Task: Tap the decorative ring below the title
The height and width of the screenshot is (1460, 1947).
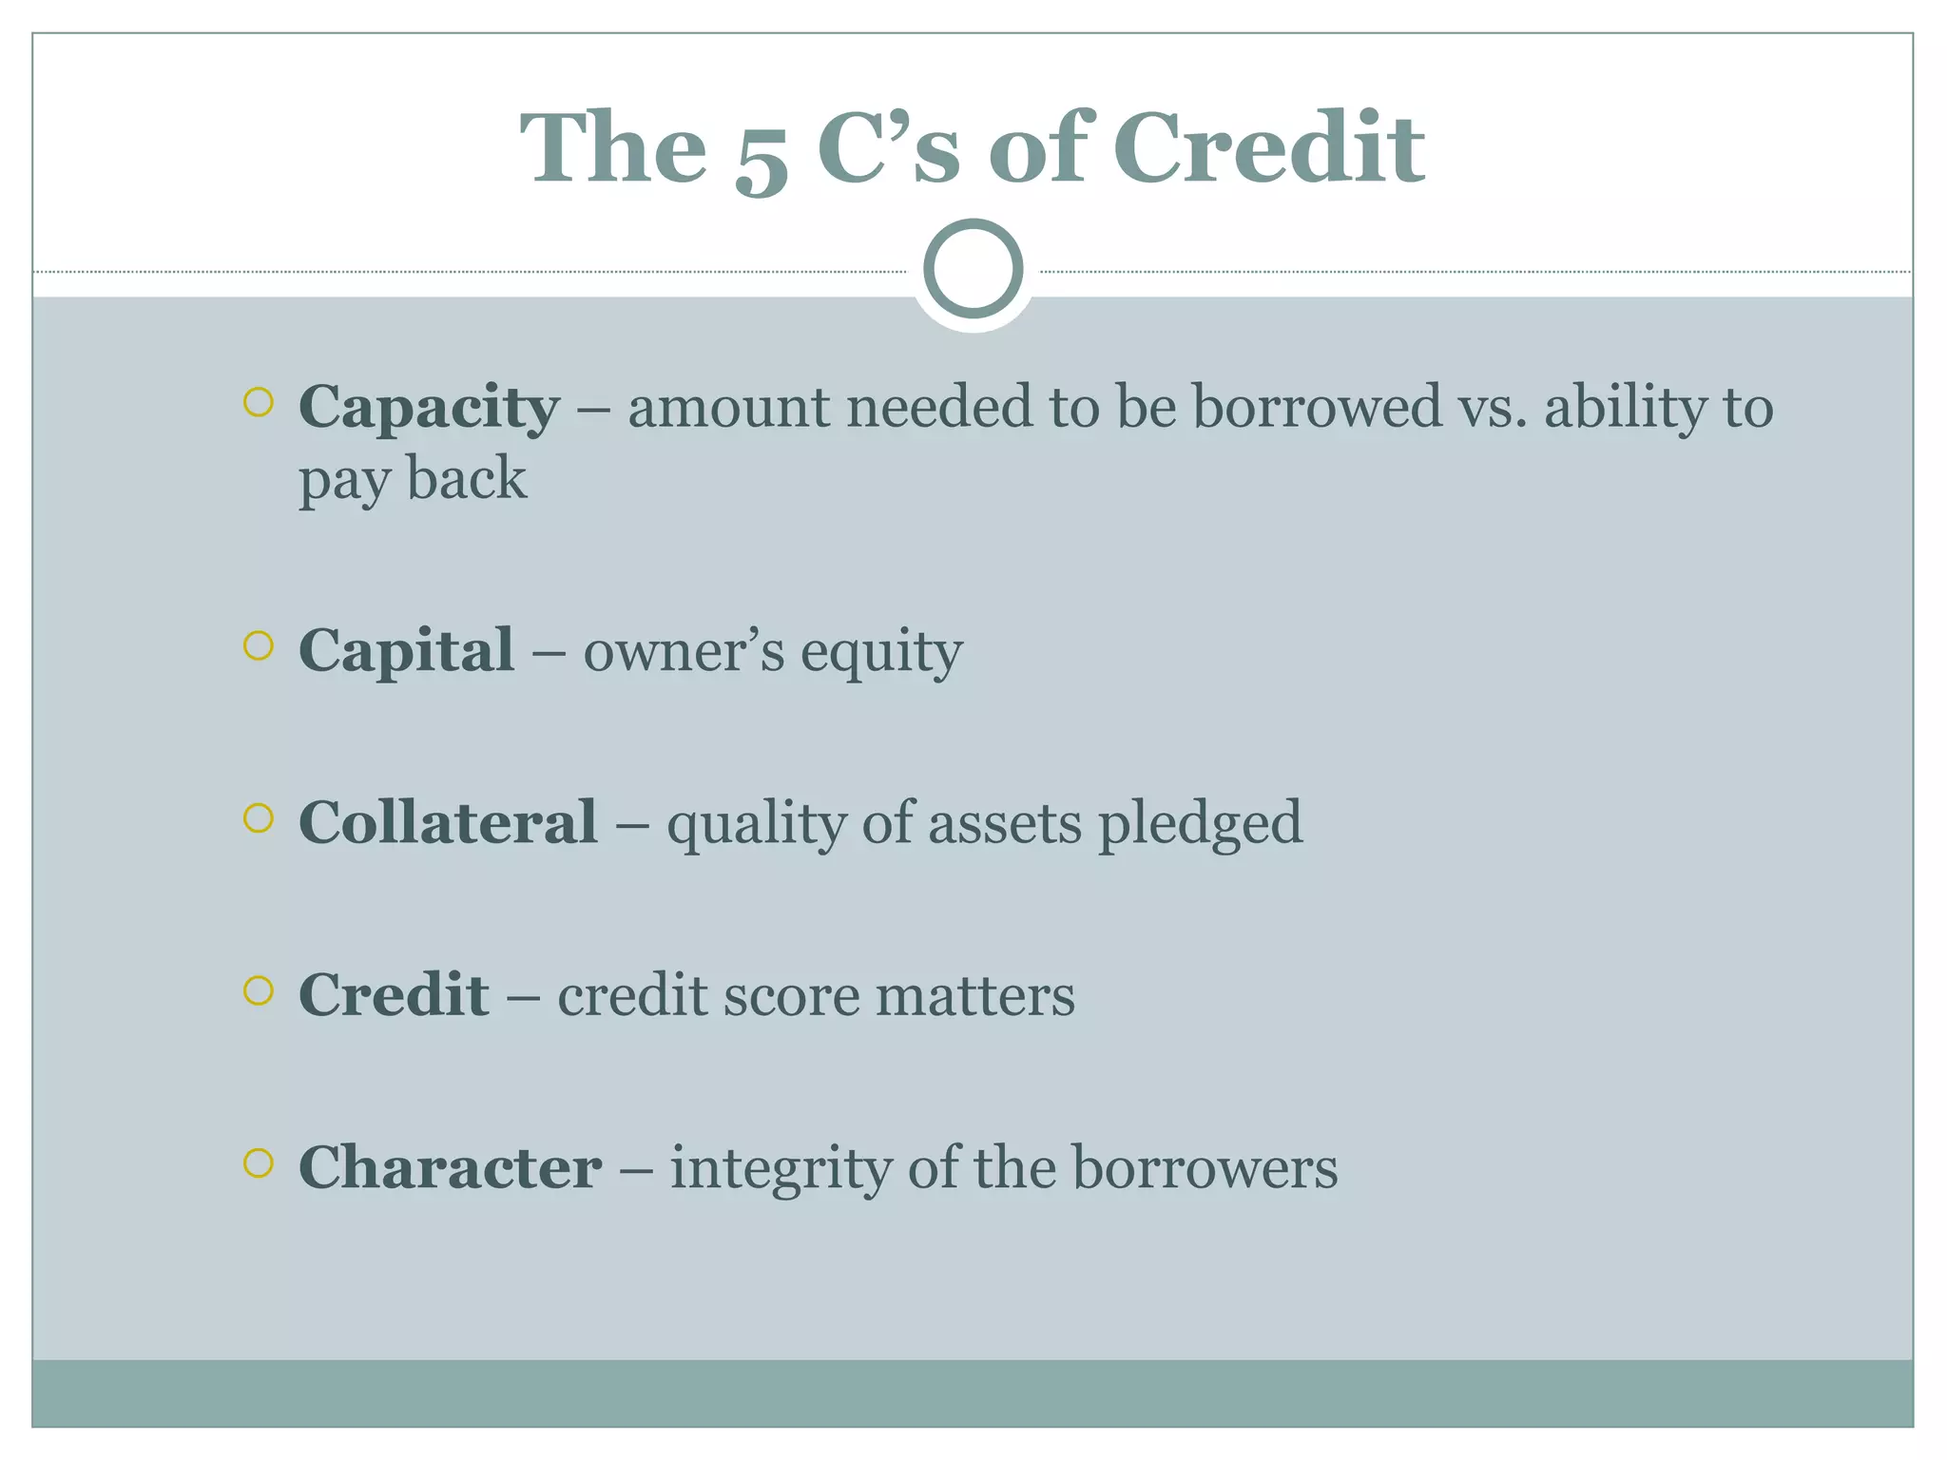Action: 973,268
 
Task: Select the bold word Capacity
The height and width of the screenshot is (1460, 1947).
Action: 429,408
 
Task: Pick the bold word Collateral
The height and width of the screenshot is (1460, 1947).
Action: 448,822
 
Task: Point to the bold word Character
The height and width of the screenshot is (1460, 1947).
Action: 450,1167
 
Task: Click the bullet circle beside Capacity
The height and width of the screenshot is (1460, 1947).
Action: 258,402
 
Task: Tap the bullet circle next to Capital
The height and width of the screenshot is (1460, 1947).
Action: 258,646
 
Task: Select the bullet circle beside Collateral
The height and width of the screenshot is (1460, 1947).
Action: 258,817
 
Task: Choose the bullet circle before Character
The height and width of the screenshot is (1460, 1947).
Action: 258,1162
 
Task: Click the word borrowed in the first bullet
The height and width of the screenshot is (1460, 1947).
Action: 1318,407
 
